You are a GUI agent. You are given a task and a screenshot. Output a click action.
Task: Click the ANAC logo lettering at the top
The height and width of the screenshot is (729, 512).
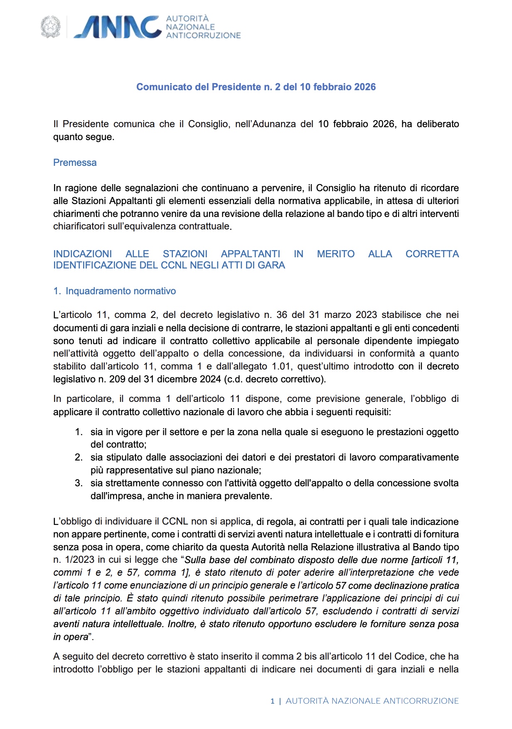click(118, 27)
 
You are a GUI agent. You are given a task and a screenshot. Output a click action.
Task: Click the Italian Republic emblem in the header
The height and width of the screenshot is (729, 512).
click(50, 27)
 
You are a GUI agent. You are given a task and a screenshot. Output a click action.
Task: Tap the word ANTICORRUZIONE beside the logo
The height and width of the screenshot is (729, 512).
click(203, 36)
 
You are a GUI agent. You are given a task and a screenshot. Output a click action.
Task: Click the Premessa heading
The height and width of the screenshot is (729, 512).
click(75, 163)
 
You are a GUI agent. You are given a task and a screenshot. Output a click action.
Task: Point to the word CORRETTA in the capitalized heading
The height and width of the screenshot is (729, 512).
click(432, 254)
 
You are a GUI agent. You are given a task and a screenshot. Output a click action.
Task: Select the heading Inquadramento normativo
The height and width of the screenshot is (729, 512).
click(121, 291)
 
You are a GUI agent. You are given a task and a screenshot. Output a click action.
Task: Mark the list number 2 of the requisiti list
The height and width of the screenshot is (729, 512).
click(79, 457)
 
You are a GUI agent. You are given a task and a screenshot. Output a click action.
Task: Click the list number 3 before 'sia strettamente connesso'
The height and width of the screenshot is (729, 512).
click(79, 483)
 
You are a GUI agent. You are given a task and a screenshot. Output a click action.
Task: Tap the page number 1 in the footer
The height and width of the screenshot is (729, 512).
click(273, 701)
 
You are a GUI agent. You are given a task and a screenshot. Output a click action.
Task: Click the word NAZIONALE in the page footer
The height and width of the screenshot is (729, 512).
click(356, 701)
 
